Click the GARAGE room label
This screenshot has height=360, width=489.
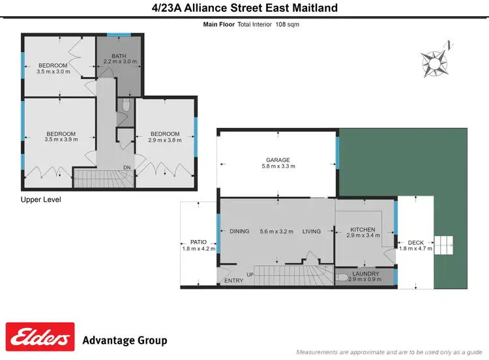(x=278, y=160)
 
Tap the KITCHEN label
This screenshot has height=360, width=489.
(x=363, y=230)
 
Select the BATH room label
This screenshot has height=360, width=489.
(x=119, y=56)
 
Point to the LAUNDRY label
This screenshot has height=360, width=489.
(x=366, y=274)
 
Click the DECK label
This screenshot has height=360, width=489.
(x=415, y=241)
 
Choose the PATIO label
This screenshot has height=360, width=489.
(x=198, y=241)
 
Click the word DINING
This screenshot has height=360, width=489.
(x=239, y=232)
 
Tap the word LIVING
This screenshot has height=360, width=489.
(x=312, y=232)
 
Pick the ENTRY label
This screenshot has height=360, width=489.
(x=233, y=281)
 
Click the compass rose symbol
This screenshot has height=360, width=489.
(x=434, y=61)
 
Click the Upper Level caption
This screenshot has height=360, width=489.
(x=41, y=200)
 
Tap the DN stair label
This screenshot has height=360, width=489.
(x=127, y=168)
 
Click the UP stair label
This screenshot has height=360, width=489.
(x=250, y=275)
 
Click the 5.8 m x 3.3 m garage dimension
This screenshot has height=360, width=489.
(x=278, y=166)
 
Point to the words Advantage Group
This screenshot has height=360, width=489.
(x=125, y=340)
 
